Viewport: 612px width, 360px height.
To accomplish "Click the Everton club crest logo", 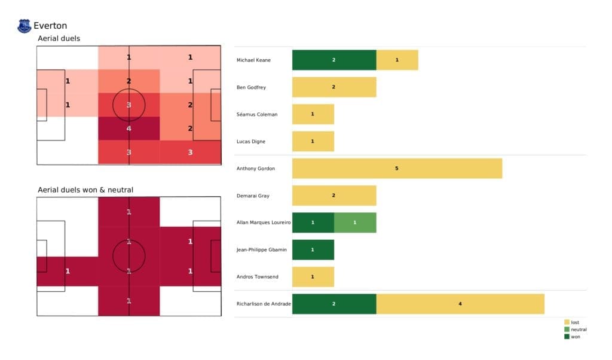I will tap(24, 26).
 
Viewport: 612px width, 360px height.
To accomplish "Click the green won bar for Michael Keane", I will tap(334, 60).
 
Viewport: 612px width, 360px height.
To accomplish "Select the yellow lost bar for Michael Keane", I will tap(397, 60).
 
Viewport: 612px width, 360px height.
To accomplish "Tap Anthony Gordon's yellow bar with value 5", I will tap(397, 169).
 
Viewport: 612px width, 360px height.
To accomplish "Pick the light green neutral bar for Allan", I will tap(355, 222).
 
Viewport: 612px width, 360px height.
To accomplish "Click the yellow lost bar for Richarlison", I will tap(460, 304).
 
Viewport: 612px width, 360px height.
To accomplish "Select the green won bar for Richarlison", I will tap(334, 304).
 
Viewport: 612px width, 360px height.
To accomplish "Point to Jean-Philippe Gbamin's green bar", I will tap(313, 249).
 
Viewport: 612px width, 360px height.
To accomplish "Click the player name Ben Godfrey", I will tap(252, 87).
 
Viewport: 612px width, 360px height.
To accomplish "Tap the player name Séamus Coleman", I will tap(257, 114).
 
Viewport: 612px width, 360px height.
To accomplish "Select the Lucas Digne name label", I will tap(252, 141).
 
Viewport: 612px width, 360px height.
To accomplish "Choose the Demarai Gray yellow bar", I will tap(334, 196).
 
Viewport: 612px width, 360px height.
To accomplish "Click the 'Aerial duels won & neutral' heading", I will tap(85, 190).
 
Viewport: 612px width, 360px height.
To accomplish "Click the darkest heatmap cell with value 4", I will tap(129, 128).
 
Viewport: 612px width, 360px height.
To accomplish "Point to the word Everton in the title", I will tap(50, 26).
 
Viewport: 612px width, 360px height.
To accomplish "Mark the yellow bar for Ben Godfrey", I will tap(334, 87).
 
